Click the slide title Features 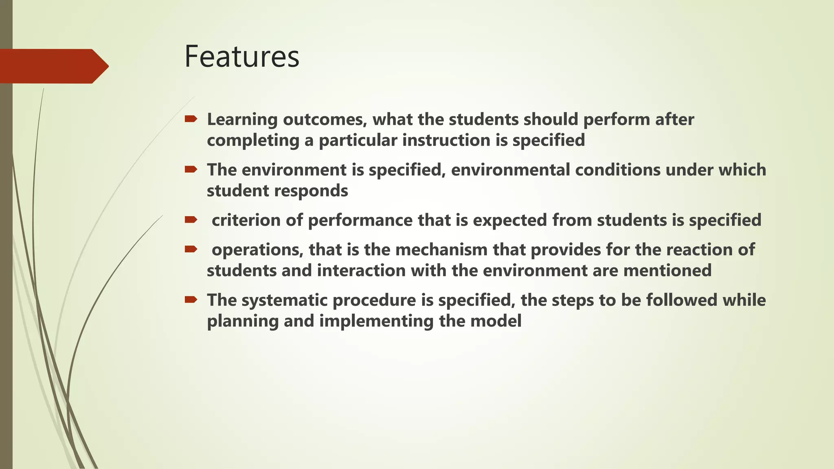point(241,57)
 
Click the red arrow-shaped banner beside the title point(53,66)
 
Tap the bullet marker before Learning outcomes point(191,119)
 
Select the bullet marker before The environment point(191,169)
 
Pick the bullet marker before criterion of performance point(191,220)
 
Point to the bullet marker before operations point(191,249)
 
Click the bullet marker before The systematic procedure point(191,300)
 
